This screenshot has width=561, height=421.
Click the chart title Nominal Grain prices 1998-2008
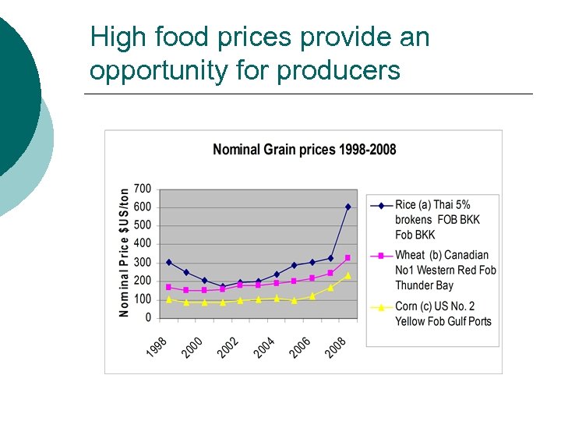304,150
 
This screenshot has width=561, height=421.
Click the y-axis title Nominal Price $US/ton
125,252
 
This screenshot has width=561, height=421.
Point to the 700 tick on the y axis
143,189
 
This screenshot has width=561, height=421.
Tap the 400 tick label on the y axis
143,244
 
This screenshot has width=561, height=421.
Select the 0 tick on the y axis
147,318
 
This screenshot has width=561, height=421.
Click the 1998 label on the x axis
157,347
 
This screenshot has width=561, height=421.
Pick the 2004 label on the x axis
265,347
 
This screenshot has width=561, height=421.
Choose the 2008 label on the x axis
337,347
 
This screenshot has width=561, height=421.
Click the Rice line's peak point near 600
348,207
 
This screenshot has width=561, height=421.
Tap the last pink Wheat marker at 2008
348,257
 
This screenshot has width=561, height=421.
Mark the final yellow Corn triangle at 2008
348,275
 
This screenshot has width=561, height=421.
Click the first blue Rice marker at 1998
168,262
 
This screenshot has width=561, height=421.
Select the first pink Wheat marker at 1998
168,287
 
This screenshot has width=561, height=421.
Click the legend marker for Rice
381,206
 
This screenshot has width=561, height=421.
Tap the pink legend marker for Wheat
381,256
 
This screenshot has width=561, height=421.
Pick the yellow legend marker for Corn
381,307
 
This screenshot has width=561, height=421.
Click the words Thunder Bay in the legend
424,285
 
